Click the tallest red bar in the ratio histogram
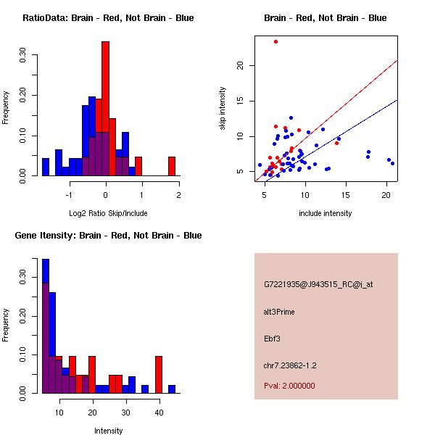click(x=105, y=109)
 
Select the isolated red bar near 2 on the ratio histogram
click(x=172, y=166)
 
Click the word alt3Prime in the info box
click(x=279, y=312)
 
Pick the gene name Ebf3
click(x=272, y=338)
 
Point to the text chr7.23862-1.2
click(x=290, y=365)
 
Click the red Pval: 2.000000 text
click(x=289, y=386)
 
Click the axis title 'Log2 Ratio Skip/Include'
click(x=106, y=213)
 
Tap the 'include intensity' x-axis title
click(x=325, y=213)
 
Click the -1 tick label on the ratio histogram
click(x=68, y=194)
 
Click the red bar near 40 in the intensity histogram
click(x=159, y=374)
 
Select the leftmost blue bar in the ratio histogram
click(x=46, y=167)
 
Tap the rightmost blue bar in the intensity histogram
click(x=172, y=389)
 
